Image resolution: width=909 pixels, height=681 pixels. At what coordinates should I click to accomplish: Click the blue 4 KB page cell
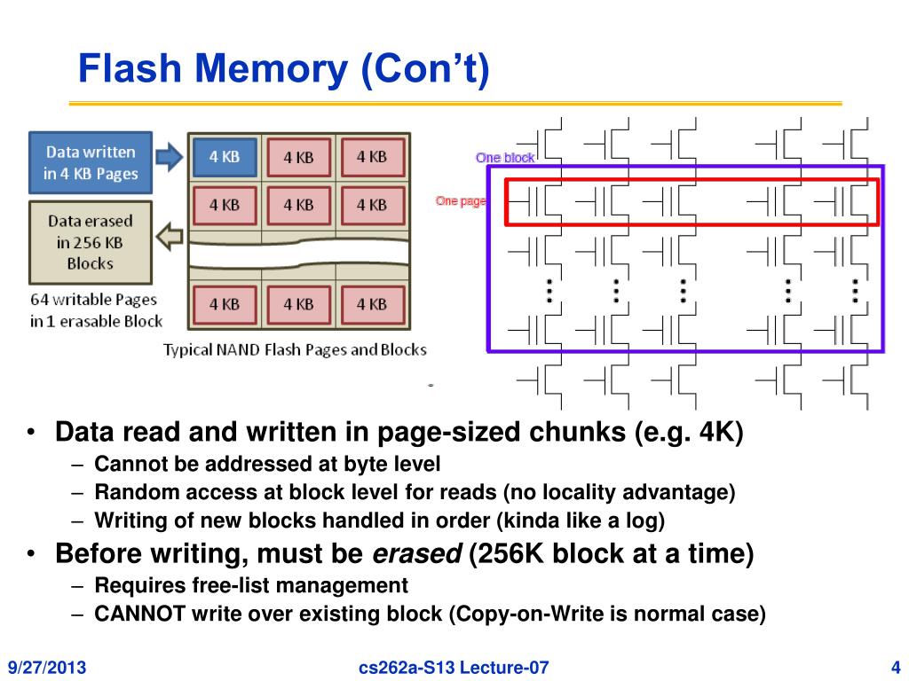[225, 157]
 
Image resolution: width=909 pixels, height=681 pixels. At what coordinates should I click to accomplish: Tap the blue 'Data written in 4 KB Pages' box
[91, 163]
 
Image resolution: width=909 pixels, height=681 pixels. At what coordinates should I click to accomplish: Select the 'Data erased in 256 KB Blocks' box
[91, 242]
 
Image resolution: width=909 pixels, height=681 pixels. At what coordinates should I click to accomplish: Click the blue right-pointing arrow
[170, 156]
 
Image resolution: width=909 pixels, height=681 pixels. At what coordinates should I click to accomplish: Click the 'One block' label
[505, 158]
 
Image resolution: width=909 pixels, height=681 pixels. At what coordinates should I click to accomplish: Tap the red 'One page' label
[461, 201]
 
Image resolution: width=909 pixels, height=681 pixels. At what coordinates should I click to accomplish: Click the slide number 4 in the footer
[896, 667]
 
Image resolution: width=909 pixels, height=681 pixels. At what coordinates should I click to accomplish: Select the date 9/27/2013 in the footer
[47, 667]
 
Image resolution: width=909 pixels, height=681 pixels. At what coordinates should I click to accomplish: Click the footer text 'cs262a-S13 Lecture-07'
[454, 667]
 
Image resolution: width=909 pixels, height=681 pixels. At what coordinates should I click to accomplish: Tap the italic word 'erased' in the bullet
[417, 553]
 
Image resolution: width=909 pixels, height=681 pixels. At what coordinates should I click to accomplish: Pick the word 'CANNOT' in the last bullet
[139, 614]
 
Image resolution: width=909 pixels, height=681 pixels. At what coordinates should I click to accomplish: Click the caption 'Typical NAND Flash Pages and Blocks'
[295, 349]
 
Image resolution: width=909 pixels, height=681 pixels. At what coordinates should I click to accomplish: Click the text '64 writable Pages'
[93, 300]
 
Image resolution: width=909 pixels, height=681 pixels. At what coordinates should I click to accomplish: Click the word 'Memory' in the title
[272, 68]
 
